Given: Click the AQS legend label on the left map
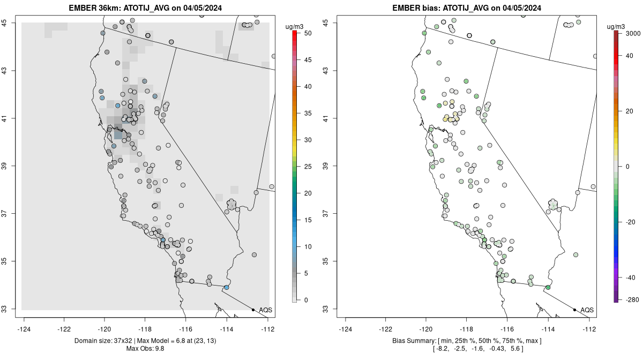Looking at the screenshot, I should [266, 310].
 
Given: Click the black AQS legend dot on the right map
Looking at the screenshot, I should [574, 310].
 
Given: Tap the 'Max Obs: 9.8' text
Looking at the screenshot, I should [147, 349].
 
